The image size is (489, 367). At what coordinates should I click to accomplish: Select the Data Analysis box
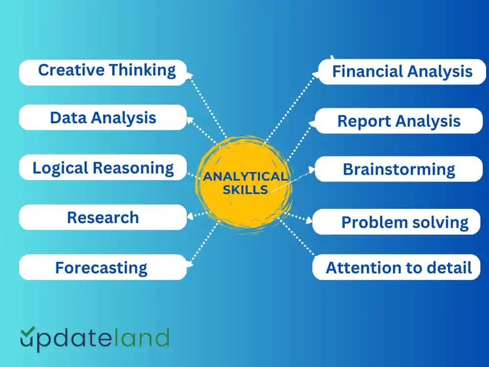pyautogui.click(x=103, y=117)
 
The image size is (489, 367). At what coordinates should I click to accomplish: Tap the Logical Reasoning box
pyautogui.click(x=103, y=168)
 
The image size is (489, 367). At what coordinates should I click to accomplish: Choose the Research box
pyautogui.click(x=103, y=217)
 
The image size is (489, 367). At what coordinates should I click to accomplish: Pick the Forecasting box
pyautogui.click(x=103, y=268)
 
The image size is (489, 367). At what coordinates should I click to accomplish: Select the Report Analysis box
pyautogui.click(x=399, y=121)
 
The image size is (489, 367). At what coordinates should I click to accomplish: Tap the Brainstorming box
pyautogui.click(x=399, y=169)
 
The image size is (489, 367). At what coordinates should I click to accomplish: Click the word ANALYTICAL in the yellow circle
pyautogui.click(x=245, y=177)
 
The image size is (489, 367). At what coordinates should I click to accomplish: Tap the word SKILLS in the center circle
pyautogui.click(x=245, y=190)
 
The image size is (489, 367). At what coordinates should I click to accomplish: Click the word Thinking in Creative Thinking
pyautogui.click(x=142, y=70)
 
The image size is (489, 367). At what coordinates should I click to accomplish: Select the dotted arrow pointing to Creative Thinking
pyautogui.click(x=208, y=105)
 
